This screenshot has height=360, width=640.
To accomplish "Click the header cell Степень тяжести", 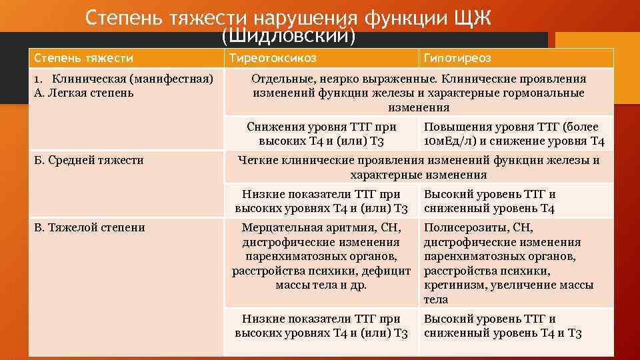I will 83,58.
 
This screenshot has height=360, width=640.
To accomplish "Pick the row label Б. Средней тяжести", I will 89,160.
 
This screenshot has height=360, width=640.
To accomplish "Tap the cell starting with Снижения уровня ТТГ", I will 321,133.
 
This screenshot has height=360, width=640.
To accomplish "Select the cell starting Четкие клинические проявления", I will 419,167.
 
